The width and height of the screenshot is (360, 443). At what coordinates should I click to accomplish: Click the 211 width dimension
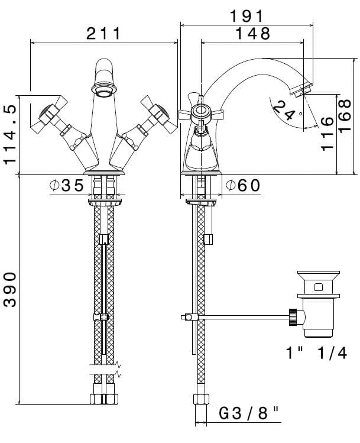pyautogui.click(x=103, y=34)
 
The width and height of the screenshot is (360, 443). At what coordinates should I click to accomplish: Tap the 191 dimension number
pyautogui.click(x=247, y=16)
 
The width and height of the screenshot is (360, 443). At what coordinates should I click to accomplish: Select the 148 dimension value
pyautogui.click(x=252, y=34)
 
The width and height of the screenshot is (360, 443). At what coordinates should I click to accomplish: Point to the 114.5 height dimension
pyautogui.click(x=10, y=134)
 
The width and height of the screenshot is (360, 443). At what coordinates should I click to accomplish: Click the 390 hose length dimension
pyautogui.click(x=10, y=289)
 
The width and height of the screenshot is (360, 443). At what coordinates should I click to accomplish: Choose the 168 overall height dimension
pyautogui.click(x=345, y=115)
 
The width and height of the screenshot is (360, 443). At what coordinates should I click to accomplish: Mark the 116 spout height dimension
pyautogui.click(x=327, y=134)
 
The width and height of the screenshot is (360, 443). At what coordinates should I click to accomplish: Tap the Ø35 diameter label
pyautogui.click(x=67, y=186)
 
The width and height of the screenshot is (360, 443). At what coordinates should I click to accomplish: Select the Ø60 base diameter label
pyautogui.click(x=243, y=186)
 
